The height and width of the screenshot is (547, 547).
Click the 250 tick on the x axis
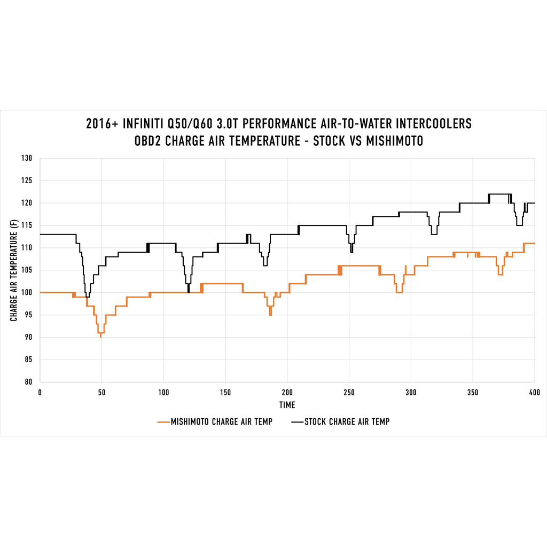point(349,392)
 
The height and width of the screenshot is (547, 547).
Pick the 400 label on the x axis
point(534,392)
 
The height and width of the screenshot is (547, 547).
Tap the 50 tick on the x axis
point(101,392)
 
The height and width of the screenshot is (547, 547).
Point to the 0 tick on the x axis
point(40,392)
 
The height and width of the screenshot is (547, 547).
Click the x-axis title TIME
point(287,405)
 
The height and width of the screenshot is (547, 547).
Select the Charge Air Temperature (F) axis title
point(13,270)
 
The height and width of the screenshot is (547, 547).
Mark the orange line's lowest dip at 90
point(100,337)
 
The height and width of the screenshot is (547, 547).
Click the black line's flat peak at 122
point(500,194)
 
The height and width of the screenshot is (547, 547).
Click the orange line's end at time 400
point(534,243)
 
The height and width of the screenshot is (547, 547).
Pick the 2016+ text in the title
point(102,124)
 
